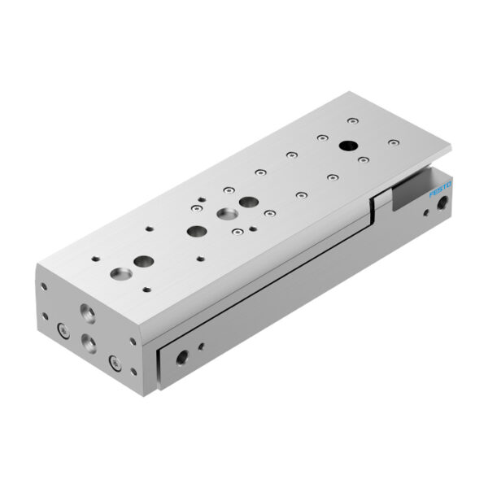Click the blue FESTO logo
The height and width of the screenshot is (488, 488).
point(439,192)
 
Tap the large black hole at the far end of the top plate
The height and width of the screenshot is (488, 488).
point(348,146)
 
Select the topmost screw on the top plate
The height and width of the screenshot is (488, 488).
point(351,121)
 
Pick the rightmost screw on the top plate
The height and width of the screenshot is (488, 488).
point(394,143)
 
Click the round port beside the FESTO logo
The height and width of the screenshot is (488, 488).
point(442,207)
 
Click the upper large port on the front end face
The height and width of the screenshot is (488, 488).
point(85,312)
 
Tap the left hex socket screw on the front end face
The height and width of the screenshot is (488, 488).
point(62,329)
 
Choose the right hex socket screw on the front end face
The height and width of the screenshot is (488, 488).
point(114,362)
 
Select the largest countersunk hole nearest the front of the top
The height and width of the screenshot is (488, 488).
point(122,272)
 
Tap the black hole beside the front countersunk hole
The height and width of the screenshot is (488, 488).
point(144,262)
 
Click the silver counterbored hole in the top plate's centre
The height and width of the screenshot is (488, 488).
point(225,214)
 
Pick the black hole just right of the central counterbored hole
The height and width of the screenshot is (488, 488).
point(249,202)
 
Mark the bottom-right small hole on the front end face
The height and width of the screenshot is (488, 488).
point(131,374)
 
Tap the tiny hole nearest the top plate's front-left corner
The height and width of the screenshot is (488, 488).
point(97,259)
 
